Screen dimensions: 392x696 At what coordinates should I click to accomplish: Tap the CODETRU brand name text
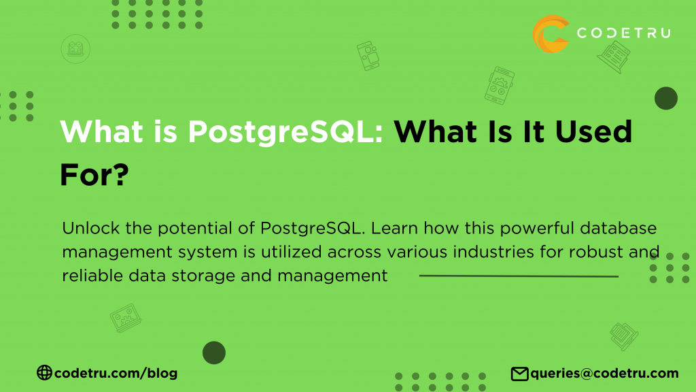[623, 33]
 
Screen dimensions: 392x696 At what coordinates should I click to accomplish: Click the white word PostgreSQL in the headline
[285, 131]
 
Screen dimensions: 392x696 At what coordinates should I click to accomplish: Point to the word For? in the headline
[94, 175]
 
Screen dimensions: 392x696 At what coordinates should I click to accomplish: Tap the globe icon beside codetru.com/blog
[44, 373]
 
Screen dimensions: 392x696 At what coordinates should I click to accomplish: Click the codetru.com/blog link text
[116, 373]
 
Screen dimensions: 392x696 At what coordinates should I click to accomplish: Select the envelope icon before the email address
[520, 373]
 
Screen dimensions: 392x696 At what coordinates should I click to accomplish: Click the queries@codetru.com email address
[604, 373]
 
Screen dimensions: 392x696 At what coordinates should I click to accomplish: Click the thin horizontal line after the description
[519, 276]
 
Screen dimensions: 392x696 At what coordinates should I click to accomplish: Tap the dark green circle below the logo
[666, 99]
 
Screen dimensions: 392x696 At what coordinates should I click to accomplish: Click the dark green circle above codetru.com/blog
[214, 353]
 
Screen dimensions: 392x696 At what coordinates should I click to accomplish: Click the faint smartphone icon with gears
[500, 84]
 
